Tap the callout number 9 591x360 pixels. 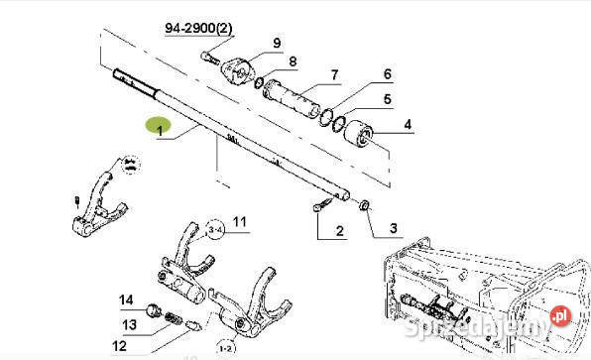click(278, 42)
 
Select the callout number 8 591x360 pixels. click(293, 62)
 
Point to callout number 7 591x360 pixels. click(334, 74)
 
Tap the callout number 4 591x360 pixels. click(408, 126)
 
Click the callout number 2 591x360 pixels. click(339, 232)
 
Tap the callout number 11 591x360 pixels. click(240, 220)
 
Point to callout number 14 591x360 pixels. click(125, 300)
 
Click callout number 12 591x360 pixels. click(120, 346)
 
